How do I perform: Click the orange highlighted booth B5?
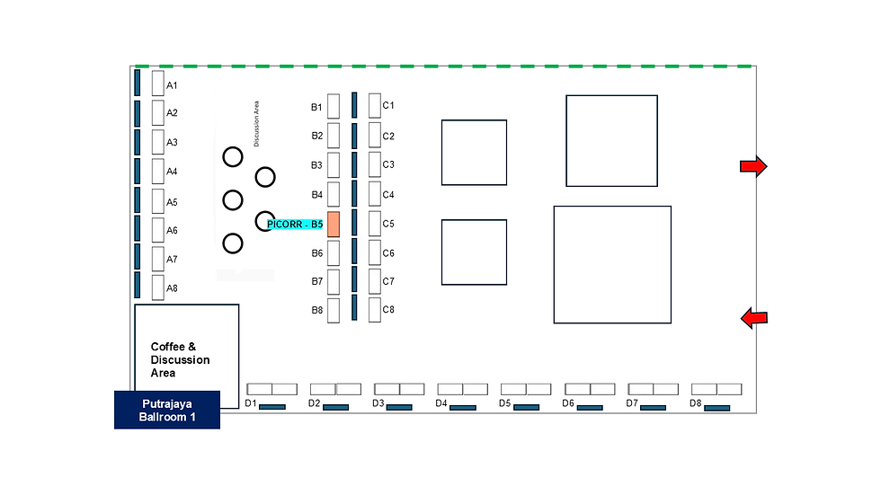[x=334, y=225]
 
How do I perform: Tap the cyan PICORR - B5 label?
[x=295, y=225]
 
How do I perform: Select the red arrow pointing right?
[x=753, y=166]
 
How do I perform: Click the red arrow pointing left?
[x=754, y=318]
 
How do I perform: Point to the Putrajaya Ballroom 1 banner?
[x=167, y=411]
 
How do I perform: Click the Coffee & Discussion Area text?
[x=180, y=359]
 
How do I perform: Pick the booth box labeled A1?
[x=158, y=83]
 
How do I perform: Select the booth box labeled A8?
[x=158, y=287]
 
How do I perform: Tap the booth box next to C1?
[x=375, y=105]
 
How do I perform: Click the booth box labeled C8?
[x=375, y=310]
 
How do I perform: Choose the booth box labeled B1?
[x=334, y=106]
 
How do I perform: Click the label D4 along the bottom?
[x=441, y=403]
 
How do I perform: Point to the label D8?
[x=696, y=403]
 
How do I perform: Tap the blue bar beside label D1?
[x=272, y=407]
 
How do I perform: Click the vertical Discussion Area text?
[x=257, y=124]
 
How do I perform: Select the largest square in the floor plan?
[x=612, y=265]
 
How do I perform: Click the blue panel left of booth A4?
[x=138, y=172]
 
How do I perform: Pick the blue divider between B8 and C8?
[x=354, y=307]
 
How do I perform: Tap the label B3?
[x=316, y=165]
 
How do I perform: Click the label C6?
[x=388, y=253]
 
